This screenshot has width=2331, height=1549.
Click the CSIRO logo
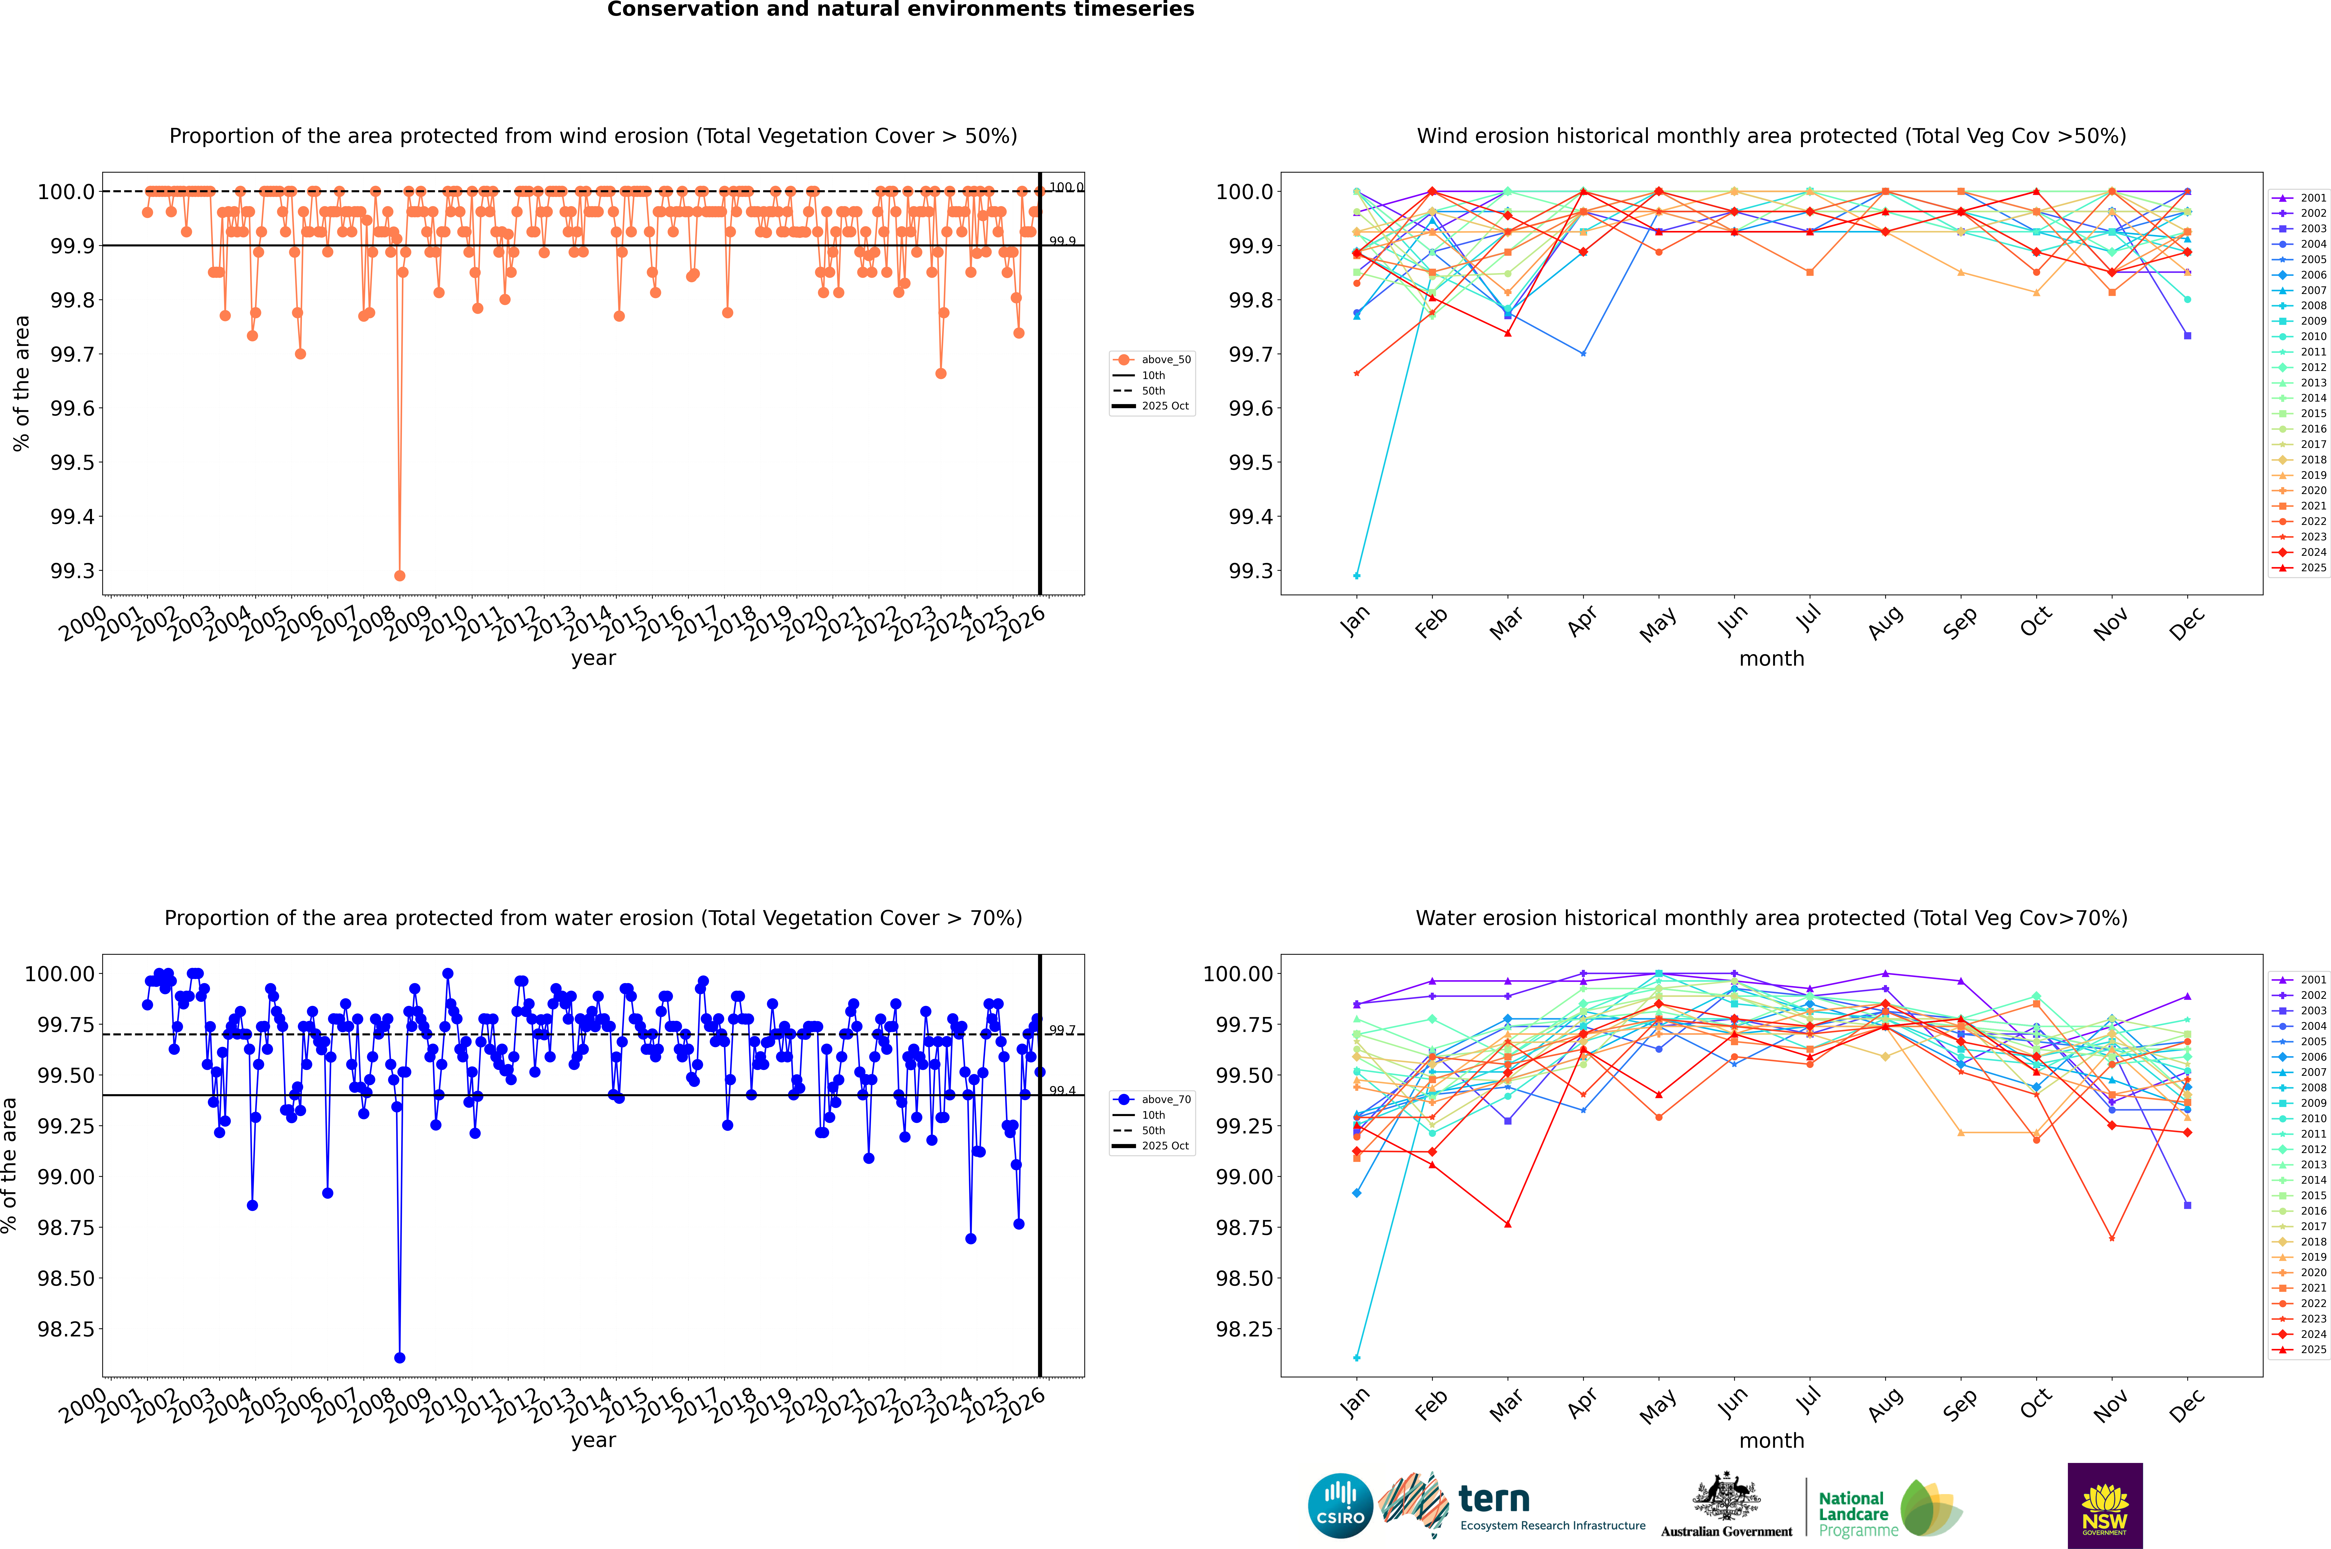click(x=1340, y=1506)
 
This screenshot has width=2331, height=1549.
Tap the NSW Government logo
click(x=2105, y=1506)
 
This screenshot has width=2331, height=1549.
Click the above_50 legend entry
click(x=1166, y=360)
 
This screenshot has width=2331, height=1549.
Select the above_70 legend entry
click(x=1166, y=1100)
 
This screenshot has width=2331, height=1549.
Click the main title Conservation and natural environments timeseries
click(x=900, y=10)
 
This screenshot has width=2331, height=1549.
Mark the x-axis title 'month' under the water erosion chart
click(x=1772, y=1440)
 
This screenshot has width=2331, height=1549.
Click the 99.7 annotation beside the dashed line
click(x=1062, y=1030)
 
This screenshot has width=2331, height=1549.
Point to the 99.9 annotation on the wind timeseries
click(x=1062, y=241)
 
